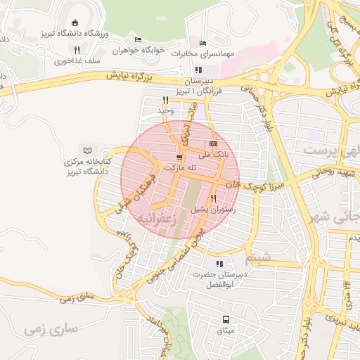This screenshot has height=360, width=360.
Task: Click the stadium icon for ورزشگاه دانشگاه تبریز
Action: tap(76, 22)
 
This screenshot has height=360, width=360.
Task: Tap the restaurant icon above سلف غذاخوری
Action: tap(77, 50)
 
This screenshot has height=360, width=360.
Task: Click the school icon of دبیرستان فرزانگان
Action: tap(198, 70)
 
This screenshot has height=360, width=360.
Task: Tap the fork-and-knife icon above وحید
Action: tap(165, 100)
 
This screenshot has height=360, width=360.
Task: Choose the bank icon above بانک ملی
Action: tap(214, 143)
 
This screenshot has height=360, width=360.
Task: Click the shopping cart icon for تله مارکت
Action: tap(180, 158)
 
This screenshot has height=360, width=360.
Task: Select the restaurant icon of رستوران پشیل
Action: tap(213, 199)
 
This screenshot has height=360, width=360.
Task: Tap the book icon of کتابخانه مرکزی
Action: tap(87, 150)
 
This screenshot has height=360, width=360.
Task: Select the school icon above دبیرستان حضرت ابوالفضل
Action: tap(219, 264)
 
